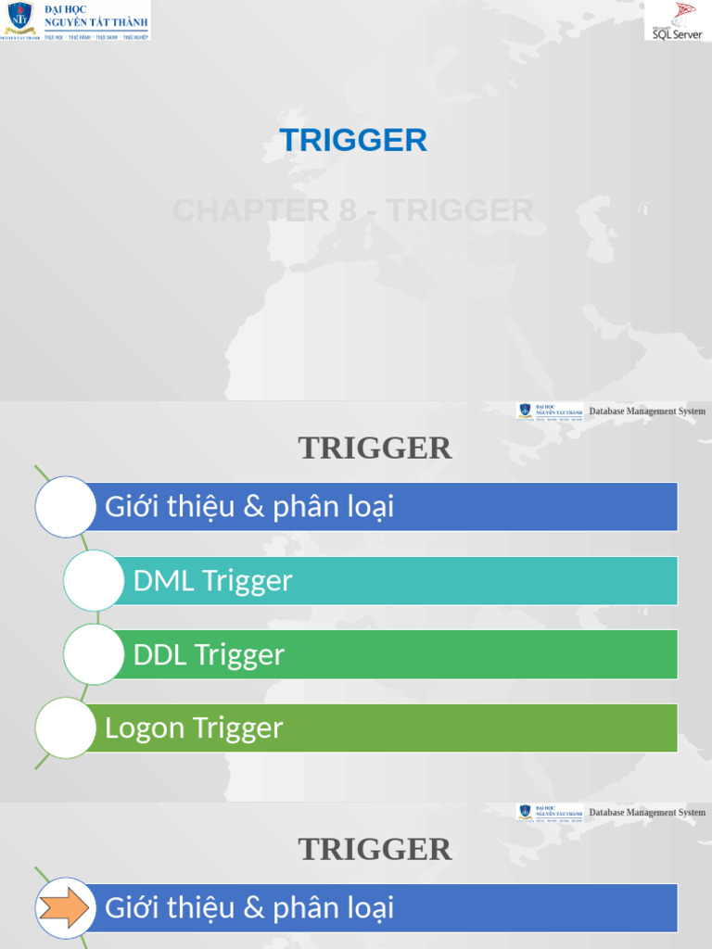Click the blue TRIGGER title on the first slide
click(x=353, y=140)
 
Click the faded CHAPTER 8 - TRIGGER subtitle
click(x=353, y=210)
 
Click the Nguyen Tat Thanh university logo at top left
click(x=74, y=20)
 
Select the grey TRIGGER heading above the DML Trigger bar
click(x=375, y=448)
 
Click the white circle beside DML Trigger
click(x=94, y=581)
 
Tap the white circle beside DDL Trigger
click(x=94, y=654)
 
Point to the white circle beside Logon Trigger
click(x=65, y=728)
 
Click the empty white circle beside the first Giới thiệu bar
click(x=65, y=507)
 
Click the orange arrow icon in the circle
click(x=65, y=907)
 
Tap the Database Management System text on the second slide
click(x=647, y=411)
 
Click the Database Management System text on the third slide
click(x=647, y=813)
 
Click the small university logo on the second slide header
click(x=550, y=411)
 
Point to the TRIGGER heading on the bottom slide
click(x=375, y=849)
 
